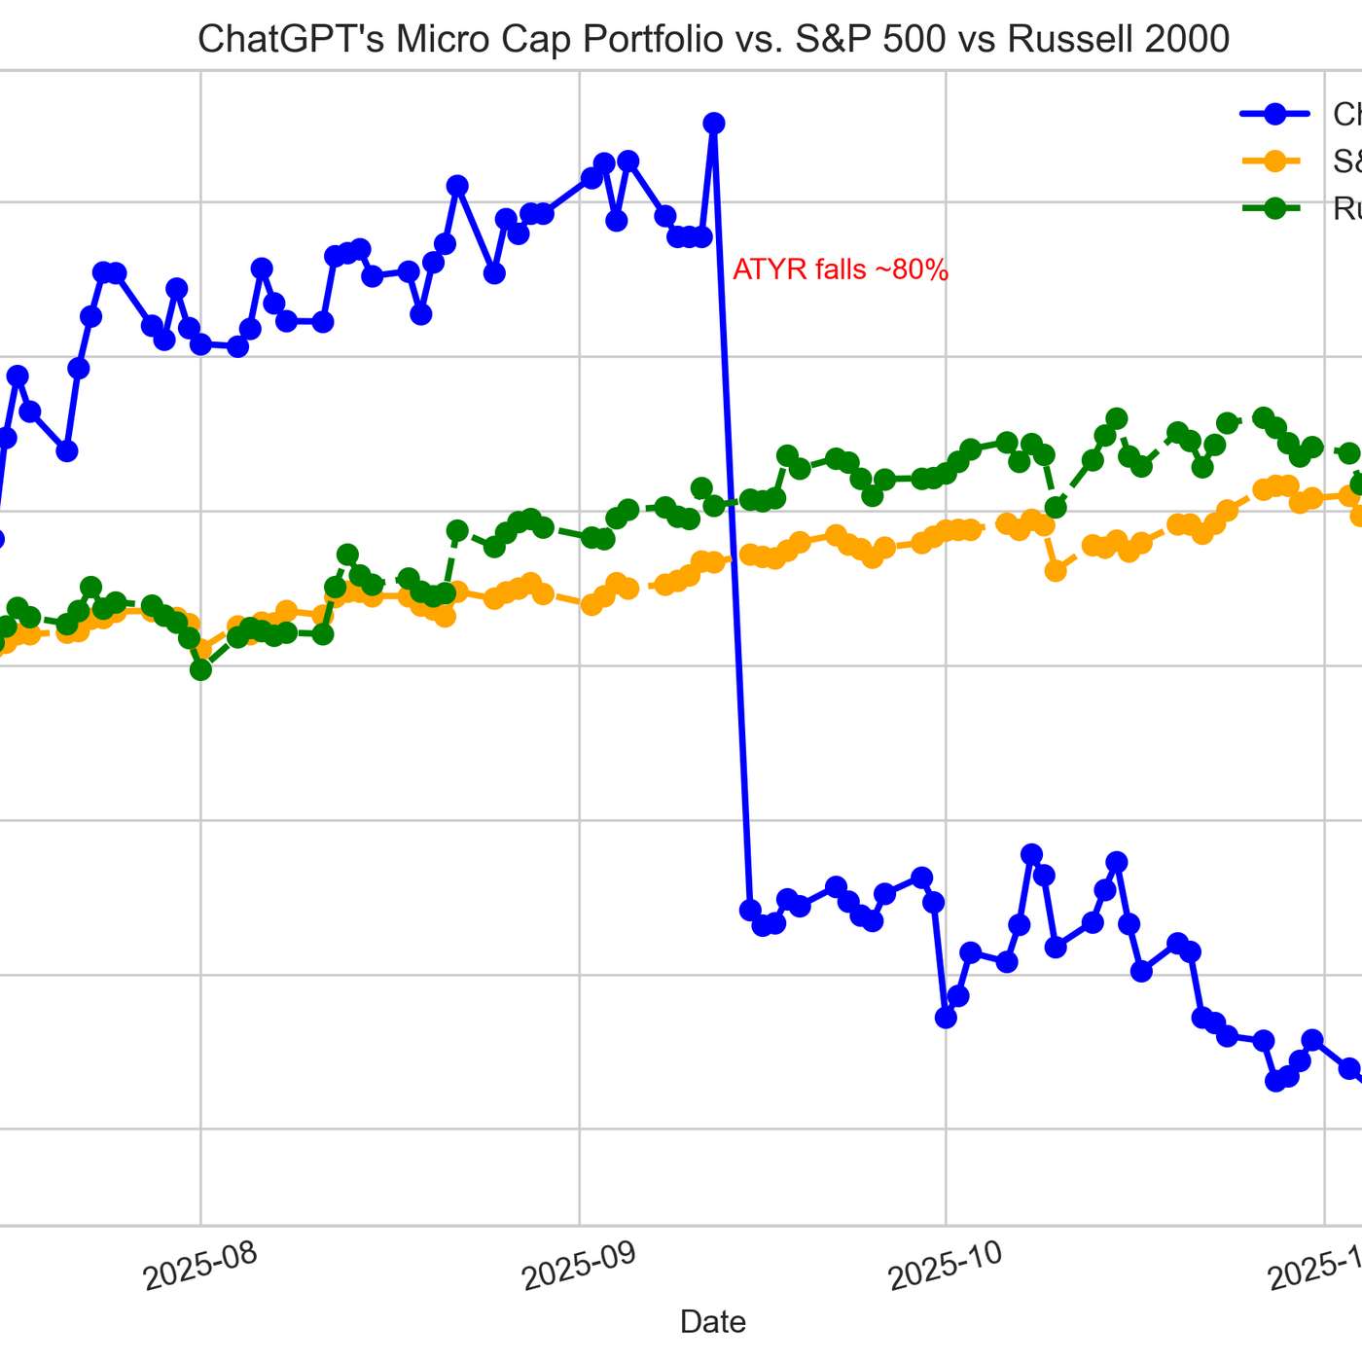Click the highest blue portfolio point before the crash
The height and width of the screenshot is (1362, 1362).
(713, 123)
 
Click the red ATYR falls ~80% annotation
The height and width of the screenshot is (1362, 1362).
(840, 269)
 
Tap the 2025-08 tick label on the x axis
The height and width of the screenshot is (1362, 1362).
(199, 1265)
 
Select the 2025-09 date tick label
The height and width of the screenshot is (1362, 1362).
(578, 1265)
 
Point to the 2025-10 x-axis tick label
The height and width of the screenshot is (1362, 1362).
(945, 1265)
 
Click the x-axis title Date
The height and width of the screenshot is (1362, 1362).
(712, 1321)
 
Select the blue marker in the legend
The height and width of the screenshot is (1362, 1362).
(1274, 114)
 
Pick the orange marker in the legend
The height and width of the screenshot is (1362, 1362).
(1274, 161)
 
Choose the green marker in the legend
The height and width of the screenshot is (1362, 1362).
(1274, 207)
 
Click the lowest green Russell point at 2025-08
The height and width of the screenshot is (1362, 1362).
(200, 669)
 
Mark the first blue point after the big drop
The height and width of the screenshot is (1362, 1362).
(750, 910)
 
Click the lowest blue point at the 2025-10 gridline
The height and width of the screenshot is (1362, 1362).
(945, 1017)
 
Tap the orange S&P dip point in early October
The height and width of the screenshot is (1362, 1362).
(1056, 571)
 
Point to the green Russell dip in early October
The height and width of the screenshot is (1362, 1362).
(1056, 507)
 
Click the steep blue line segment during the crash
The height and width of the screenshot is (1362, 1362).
(732, 516)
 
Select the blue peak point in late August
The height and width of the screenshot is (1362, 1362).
(456, 185)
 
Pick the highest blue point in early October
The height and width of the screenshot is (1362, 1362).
(1031, 854)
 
